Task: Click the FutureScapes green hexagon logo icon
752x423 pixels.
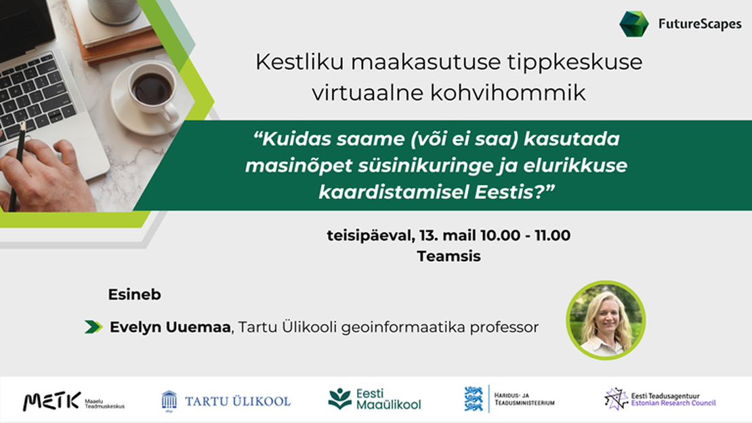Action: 633,24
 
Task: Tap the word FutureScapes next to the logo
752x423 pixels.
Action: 700,24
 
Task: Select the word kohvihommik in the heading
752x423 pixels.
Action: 508,92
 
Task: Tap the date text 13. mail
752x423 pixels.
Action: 447,235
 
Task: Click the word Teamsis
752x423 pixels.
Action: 448,256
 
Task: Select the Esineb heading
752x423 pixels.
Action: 134,294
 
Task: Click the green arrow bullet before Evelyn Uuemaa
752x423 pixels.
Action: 93,327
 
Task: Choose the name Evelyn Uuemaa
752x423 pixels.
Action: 170,327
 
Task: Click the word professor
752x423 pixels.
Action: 504,327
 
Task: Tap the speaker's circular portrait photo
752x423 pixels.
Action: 606,320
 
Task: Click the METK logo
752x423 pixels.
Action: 51,401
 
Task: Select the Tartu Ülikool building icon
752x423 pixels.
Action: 169,401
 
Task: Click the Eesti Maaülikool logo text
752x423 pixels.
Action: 388,399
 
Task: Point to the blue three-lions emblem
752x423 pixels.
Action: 474,399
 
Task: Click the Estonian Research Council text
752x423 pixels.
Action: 673,403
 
